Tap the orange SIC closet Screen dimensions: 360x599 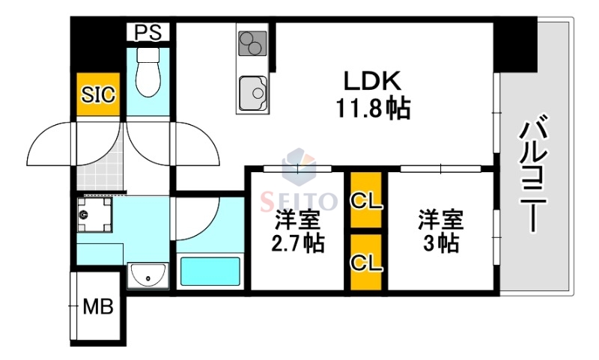(98, 94)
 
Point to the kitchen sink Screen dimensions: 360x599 (255, 94)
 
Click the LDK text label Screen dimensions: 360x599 (374, 81)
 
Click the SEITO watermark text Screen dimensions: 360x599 (299, 201)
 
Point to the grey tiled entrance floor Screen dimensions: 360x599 (98, 168)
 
